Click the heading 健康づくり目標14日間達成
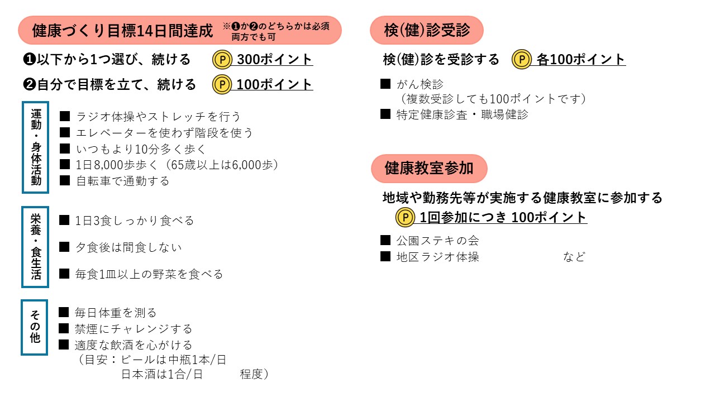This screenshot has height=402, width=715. tap(123, 31)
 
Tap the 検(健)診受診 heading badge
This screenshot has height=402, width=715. tap(427, 31)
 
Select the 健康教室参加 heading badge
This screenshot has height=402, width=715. tap(429, 168)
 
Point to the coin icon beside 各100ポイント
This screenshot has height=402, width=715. tap(522, 59)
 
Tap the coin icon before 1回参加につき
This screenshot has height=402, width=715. tap(405, 217)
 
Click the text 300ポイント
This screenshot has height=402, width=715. tap(274, 59)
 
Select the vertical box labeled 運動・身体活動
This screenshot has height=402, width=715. tap(36, 147)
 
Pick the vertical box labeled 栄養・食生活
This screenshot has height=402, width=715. tap(35, 247)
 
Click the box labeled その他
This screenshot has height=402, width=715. tap(35, 327)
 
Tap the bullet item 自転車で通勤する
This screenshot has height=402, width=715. tap(122, 181)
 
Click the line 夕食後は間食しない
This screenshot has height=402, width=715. tap(128, 247)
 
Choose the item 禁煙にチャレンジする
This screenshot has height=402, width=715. tap(134, 328)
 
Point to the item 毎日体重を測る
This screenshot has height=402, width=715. tap(116, 313)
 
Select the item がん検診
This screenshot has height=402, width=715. tap(420, 84)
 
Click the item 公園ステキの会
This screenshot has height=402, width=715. tap(437, 241)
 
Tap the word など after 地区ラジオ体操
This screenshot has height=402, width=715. tap(574, 257)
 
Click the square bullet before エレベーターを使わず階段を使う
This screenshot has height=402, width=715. tap(65, 132)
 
